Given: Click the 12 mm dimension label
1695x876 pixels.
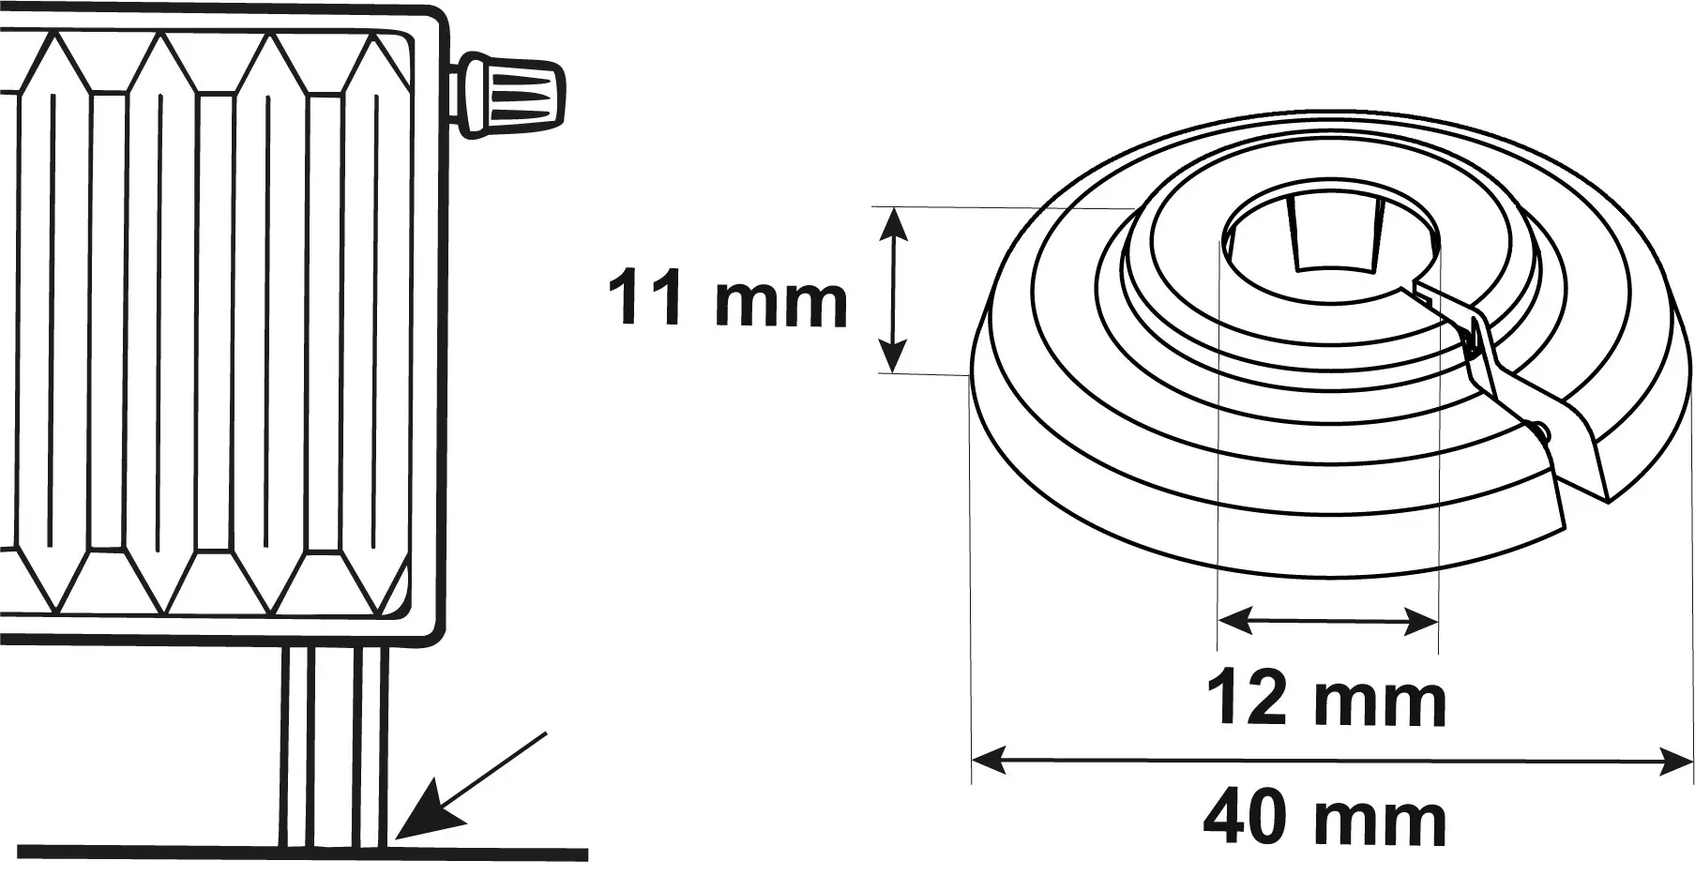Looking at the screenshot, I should tap(1325, 700).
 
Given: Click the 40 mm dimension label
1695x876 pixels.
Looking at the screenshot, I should tap(1324, 820).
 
